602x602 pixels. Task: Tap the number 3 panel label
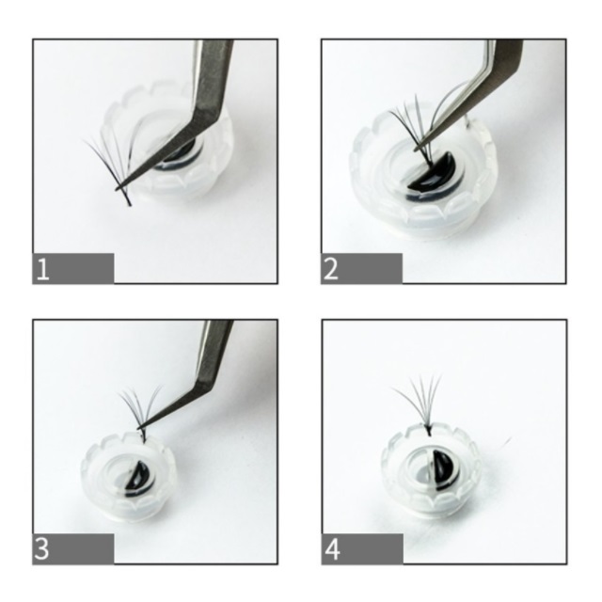41,548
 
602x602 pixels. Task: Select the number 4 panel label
332,549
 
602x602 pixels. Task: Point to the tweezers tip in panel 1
117,188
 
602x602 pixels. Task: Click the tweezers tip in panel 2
416,149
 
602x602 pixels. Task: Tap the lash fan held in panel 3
140,411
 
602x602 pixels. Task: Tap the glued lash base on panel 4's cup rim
428,431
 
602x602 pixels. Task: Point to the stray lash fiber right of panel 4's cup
506,442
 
